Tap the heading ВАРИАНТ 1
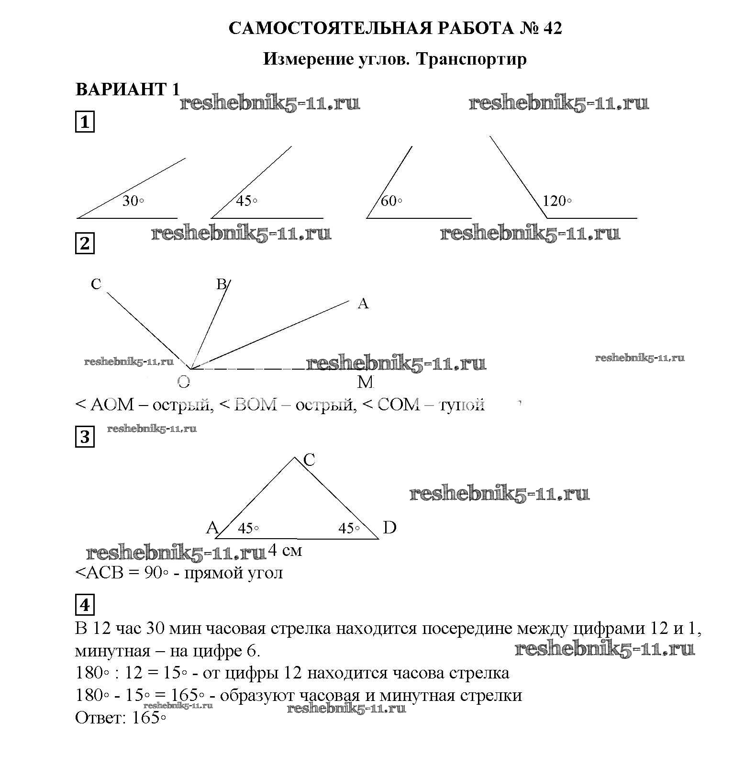point(127,89)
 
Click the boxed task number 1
point(85,122)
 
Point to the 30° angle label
point(133,201)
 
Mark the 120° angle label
point(557,201)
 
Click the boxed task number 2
point(85,244)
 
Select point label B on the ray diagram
point(221,284)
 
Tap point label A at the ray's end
point(363,304)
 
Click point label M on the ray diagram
point(365,382)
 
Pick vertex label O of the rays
point(184,382)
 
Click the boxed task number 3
point(85,437)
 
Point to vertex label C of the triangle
point(309,460)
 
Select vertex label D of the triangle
point(390,528)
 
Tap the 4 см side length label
point(285,551)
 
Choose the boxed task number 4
point(85,606)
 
